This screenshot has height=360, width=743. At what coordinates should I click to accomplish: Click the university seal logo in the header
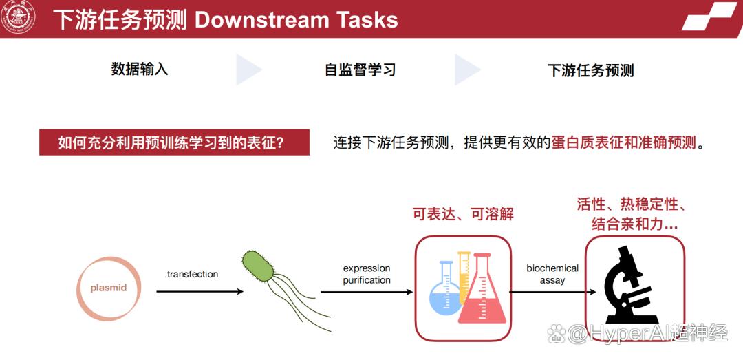pos(17,19)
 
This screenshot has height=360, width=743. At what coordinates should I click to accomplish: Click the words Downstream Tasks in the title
pos(296,20)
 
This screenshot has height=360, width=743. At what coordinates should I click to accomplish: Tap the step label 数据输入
pos(140,70)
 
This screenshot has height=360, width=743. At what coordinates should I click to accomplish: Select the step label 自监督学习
pos(360,70)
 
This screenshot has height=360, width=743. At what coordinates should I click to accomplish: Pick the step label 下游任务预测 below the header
pos(590,70)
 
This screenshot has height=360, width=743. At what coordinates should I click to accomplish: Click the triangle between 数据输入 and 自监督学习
pos(248,70)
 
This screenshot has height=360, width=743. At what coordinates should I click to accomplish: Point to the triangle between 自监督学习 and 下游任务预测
pos(466,70)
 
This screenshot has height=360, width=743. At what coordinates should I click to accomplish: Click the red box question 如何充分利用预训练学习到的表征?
pos(174,142)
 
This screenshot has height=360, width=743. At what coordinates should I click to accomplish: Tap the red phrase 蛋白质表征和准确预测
pos(624,142)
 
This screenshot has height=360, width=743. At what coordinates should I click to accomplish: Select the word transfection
pos(193,274)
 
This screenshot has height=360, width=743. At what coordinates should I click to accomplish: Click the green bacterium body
pos(258,267)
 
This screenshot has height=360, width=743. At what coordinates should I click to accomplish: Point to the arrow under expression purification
pos(366,292)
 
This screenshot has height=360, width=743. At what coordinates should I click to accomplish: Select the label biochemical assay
pos(552,274)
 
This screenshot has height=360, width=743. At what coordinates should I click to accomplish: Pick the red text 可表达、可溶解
pos(464,214)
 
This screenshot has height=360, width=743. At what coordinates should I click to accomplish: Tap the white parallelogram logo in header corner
pos(711,17)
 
